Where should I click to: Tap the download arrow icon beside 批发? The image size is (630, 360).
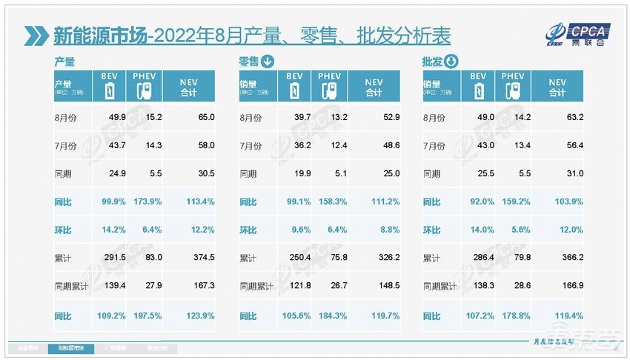coord(451,62)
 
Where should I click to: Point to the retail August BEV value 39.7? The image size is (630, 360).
coord(294,116)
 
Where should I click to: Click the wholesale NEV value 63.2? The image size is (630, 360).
coord(574,116)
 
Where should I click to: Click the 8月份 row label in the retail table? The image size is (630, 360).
coord(252,116)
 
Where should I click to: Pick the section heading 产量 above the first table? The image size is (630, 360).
coord(64,62)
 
